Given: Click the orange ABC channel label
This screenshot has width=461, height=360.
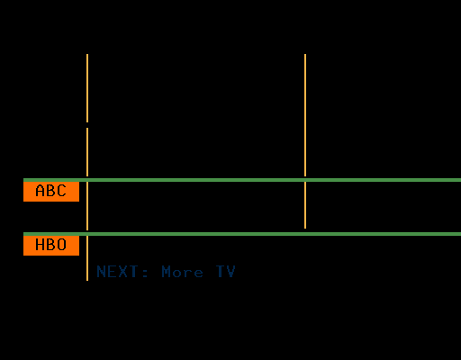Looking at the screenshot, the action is pos(51,192).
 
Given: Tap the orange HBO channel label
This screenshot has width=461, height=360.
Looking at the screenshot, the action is pos(51,246).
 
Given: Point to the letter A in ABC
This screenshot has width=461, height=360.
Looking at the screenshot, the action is pos(40,191).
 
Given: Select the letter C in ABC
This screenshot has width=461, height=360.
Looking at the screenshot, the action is pos(61,191).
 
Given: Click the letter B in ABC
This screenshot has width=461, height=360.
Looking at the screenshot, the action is pos(50,191).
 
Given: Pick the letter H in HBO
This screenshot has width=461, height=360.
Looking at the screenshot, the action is pos(40,245).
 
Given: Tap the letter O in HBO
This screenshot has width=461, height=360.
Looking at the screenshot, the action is pos(61,245).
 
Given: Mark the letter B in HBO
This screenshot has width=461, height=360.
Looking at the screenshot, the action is pos(50,245).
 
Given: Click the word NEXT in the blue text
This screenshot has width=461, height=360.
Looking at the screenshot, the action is pos(117,272).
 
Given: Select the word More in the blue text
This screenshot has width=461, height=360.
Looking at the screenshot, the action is pos(182,272).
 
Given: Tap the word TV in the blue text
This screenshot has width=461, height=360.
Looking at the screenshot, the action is pos(225,272).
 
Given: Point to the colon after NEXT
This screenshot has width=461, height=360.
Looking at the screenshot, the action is pos(145,273).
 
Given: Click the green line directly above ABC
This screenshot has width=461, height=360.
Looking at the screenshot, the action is pos(242,180).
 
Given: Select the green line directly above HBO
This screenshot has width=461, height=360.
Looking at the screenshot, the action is pos(242,234).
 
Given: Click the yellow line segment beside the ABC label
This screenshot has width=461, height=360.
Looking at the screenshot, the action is pos(87,206).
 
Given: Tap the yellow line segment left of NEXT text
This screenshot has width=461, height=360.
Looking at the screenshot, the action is pos(87,258).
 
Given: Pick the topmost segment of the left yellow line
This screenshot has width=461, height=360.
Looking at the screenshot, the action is pos(87,88).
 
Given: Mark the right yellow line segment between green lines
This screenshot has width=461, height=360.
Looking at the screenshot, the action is pos(305,205).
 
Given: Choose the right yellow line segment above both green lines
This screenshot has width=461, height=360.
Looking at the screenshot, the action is pos(305,115).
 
